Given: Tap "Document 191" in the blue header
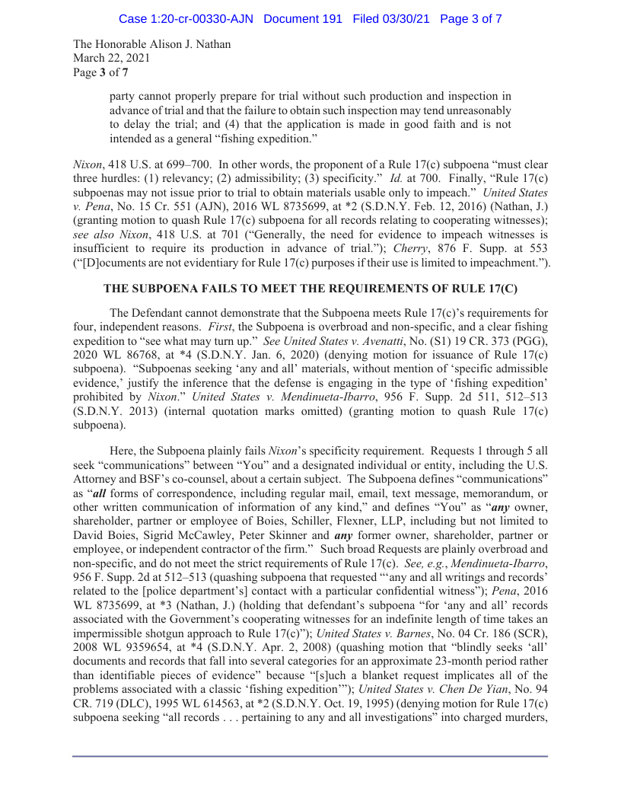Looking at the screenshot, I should click(303, 18).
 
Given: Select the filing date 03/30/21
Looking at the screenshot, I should click(400, 18).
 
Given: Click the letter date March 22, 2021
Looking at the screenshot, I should click(111, 58).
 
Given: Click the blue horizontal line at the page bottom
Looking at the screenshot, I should click(310, 756).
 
